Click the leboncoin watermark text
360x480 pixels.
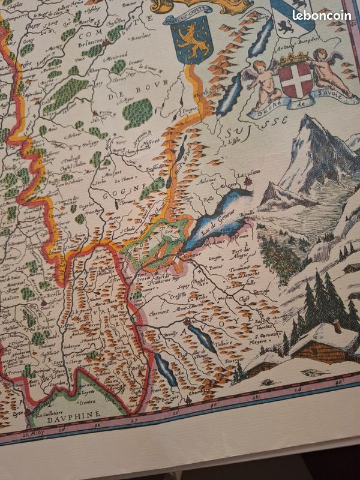pyautogui.click(x=322, y=16)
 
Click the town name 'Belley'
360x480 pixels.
pyautogui.click(x=139, y=367)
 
